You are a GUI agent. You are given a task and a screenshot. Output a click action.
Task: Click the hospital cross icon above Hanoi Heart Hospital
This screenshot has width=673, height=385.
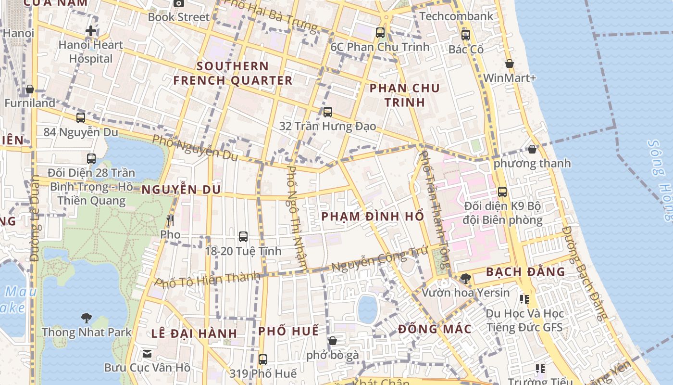click(90, 31)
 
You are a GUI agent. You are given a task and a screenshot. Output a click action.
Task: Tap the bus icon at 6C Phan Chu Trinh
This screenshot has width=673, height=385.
click(380, 33)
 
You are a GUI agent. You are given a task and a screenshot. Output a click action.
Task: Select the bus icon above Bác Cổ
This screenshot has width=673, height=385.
click(465, 35)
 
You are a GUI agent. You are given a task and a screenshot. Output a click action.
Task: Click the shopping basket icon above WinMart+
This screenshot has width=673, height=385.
click(510, 64)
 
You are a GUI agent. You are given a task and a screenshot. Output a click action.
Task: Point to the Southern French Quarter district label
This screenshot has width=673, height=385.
click(233, 73)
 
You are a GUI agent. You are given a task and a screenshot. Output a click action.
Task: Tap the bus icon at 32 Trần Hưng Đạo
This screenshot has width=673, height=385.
click(328, 112)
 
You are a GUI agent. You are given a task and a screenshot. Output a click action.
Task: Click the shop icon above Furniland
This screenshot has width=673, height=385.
click(30, 89)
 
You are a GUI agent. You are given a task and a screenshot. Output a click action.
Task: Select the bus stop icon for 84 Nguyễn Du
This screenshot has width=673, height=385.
click(81, 117)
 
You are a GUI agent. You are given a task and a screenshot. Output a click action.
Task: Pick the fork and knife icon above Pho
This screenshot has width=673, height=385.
click(170, 220)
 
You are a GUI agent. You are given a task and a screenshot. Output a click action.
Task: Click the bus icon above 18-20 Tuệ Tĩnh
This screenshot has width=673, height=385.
click(243, 236)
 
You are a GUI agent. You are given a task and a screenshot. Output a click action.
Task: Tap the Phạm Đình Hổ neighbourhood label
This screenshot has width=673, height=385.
click(373, 217)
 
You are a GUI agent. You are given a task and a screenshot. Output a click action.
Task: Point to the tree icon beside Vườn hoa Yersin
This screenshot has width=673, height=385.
click(465, 278)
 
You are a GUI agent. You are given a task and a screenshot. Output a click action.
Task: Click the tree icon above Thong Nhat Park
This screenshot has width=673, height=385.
click(87, 318)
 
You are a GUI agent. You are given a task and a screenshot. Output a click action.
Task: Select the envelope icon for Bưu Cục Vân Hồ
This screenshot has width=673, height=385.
click(147, 354)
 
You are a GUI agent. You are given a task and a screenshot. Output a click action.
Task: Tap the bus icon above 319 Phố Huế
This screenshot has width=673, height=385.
click(262, 359)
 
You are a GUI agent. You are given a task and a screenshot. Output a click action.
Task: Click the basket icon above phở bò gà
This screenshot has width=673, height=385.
click(332, 341)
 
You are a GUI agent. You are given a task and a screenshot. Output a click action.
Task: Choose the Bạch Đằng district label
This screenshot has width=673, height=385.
click(525, 272)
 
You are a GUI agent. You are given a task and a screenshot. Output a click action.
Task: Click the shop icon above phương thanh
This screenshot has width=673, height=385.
click(532, 149)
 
